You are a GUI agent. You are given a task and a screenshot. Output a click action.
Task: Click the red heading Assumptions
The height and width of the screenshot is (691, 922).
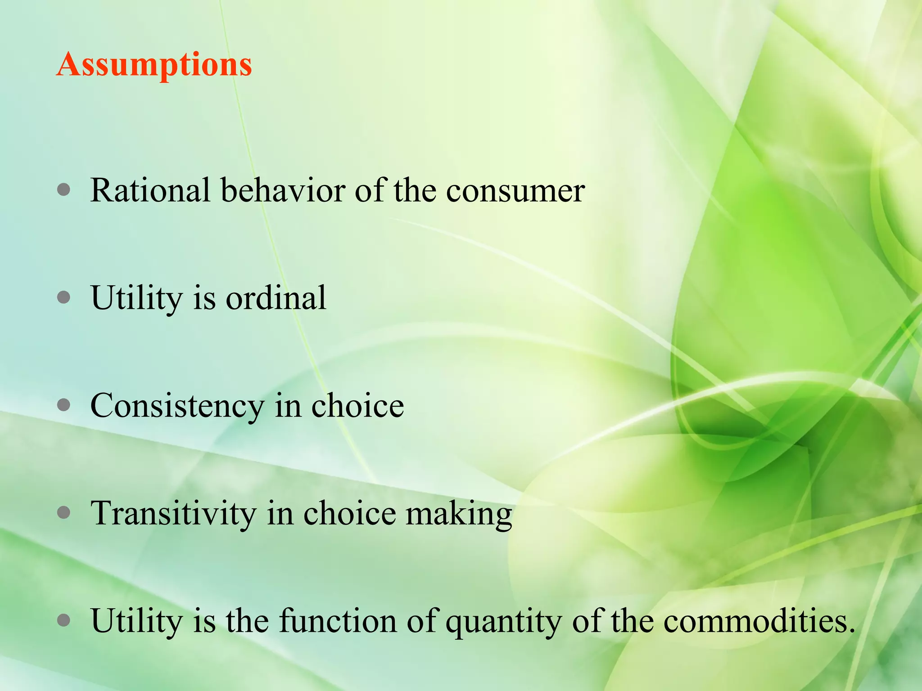154,65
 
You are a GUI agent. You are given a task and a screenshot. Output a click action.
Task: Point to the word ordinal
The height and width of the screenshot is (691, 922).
276,298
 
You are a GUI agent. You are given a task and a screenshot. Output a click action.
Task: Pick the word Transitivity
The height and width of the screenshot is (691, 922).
173,514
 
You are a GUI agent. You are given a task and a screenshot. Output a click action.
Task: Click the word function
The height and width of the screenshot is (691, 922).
338,621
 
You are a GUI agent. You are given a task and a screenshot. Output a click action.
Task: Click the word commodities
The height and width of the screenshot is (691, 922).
759,621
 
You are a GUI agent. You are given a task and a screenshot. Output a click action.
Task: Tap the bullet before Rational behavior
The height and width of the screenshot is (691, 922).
64,190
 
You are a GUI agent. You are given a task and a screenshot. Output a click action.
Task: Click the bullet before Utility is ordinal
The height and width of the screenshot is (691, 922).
64,298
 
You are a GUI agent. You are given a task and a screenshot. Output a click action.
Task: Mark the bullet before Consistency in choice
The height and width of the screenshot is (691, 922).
64,405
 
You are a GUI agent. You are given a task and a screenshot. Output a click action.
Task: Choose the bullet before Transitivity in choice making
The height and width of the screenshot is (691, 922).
64,513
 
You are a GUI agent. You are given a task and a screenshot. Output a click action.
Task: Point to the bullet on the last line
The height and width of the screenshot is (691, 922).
64,621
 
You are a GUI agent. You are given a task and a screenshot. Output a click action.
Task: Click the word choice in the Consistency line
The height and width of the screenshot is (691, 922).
357,406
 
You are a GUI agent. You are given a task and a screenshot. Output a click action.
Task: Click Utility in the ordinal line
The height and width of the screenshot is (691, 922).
136,299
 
